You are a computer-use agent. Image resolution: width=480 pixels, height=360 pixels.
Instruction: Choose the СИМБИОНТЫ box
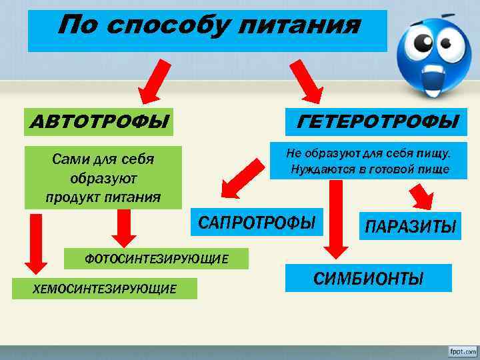pyautogui.click(x=368, y=278)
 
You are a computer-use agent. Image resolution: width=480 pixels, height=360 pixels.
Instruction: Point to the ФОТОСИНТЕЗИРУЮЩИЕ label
pyautogui.click(x=156, y=258)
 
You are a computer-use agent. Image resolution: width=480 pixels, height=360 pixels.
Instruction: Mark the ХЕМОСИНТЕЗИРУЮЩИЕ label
pyautogui.click(x=105, y=288)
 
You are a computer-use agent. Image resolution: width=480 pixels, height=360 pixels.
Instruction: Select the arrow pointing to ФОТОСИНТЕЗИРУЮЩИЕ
pyautogui.click(x=123, y=228)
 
